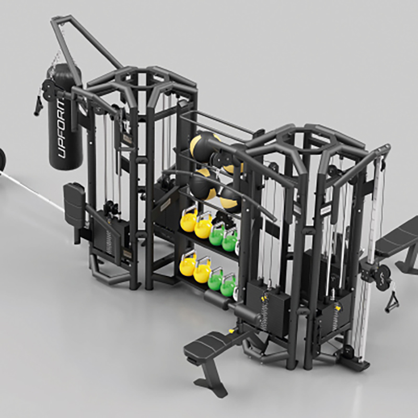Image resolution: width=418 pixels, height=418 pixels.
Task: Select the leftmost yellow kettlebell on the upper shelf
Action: tap(189, 220)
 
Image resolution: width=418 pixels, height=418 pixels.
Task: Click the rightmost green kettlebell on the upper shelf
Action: tap(230, 240)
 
